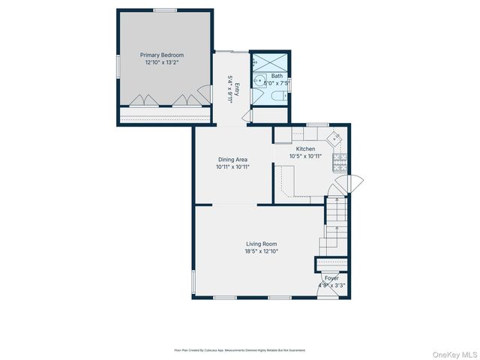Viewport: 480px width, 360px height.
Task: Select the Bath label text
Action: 277,76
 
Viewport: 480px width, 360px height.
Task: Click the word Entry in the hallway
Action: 236,89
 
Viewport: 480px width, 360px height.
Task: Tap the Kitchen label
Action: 305,149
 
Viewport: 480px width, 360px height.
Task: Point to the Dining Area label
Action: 232,160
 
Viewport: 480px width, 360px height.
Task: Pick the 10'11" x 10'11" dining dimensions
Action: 232,167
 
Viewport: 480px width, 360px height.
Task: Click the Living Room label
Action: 261,244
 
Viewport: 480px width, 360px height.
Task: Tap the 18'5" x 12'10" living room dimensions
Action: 261,252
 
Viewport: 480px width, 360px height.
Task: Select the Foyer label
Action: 331,278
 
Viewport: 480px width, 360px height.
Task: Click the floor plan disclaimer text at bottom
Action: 240,350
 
